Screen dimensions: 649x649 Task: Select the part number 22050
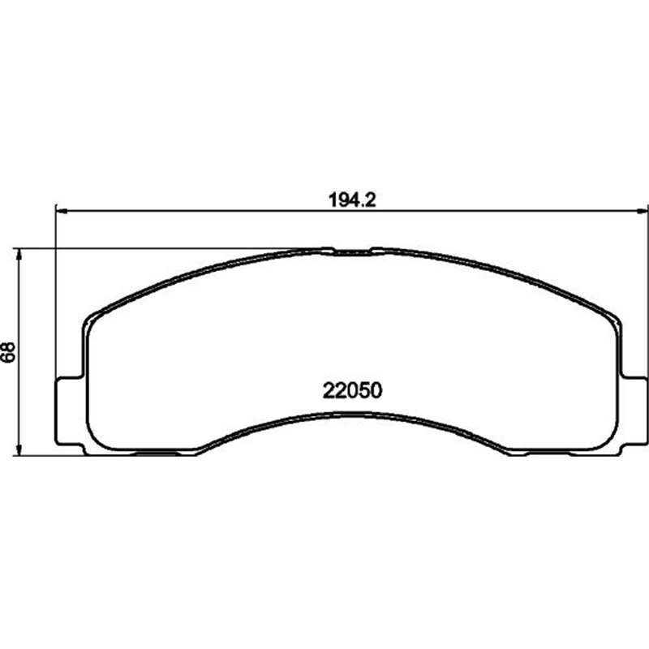point(353,390)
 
